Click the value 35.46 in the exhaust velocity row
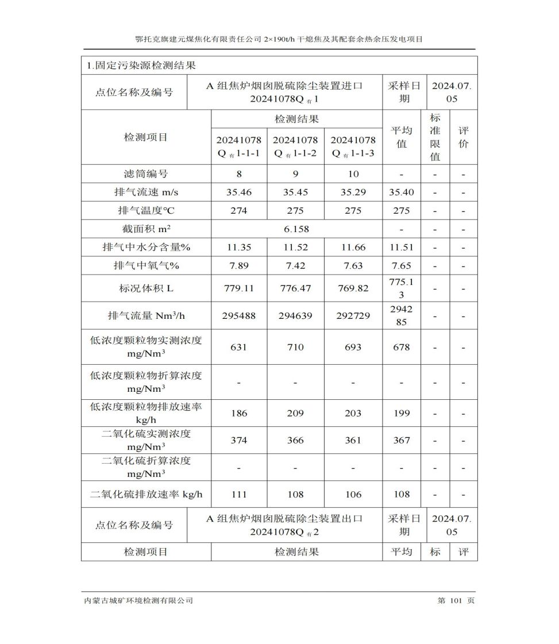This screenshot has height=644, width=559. pos(238,192)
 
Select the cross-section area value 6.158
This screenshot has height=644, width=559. pos(296,229)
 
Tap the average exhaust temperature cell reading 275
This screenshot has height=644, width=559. pos(401,211)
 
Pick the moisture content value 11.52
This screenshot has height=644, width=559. pos(295,248)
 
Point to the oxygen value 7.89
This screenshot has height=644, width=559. pos(238,266)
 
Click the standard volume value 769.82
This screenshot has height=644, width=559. pos(353,288)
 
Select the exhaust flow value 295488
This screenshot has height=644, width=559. pos(238,316)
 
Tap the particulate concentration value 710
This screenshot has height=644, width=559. pos(295,347)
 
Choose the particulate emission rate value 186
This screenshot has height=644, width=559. pos(238,414)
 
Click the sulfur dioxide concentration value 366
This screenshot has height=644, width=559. pos(295,441)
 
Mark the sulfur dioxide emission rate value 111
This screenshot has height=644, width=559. pos(238,495)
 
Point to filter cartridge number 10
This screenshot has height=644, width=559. pos(353,174)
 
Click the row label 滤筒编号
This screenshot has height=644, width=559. pos(146,174)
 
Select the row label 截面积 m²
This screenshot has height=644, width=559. pos(146,229)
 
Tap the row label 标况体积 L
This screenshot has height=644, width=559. pos(146,288)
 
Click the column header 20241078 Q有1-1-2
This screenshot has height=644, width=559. pos(295,146)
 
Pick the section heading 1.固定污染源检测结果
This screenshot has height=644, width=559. pos(141,66)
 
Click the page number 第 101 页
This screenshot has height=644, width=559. pos(456,601)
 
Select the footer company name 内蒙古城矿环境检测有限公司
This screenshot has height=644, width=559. pos(138,601)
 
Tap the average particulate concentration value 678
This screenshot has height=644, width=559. pos(401,347)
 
